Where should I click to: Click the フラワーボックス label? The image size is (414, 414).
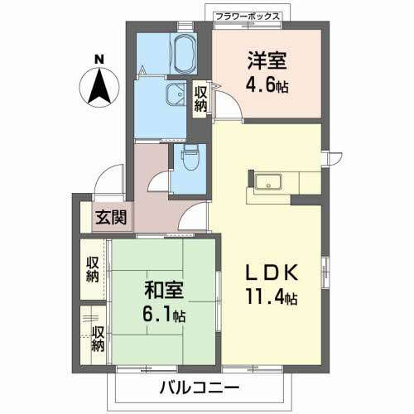tap(248, 16)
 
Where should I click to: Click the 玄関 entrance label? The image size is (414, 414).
tap(109, 219)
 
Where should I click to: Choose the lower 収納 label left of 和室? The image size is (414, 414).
tap(98, 339)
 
